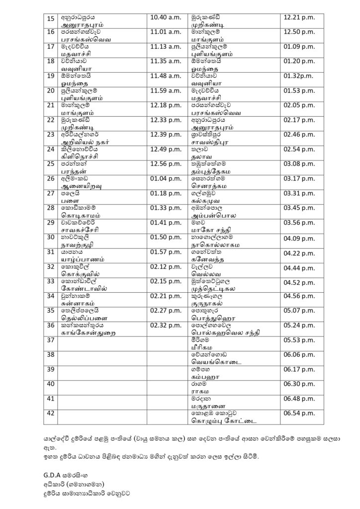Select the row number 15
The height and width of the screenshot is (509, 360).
tap(50, 18)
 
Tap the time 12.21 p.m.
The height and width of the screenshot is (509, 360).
tap(299, 17)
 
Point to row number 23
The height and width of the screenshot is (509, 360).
tap(50, 134)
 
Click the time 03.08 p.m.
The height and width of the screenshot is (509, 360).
tap(299, 164)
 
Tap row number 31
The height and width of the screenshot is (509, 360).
tap(50, 252)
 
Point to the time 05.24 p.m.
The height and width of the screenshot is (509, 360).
tap(299, 325)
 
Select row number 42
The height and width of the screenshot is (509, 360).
tap(50, 413)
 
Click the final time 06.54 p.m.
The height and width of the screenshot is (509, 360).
tap(299, 413)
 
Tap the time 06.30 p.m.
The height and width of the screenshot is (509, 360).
tap(299, 383)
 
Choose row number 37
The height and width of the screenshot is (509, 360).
tap(50, 339)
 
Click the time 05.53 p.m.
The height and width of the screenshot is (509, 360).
tap(299, 339)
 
